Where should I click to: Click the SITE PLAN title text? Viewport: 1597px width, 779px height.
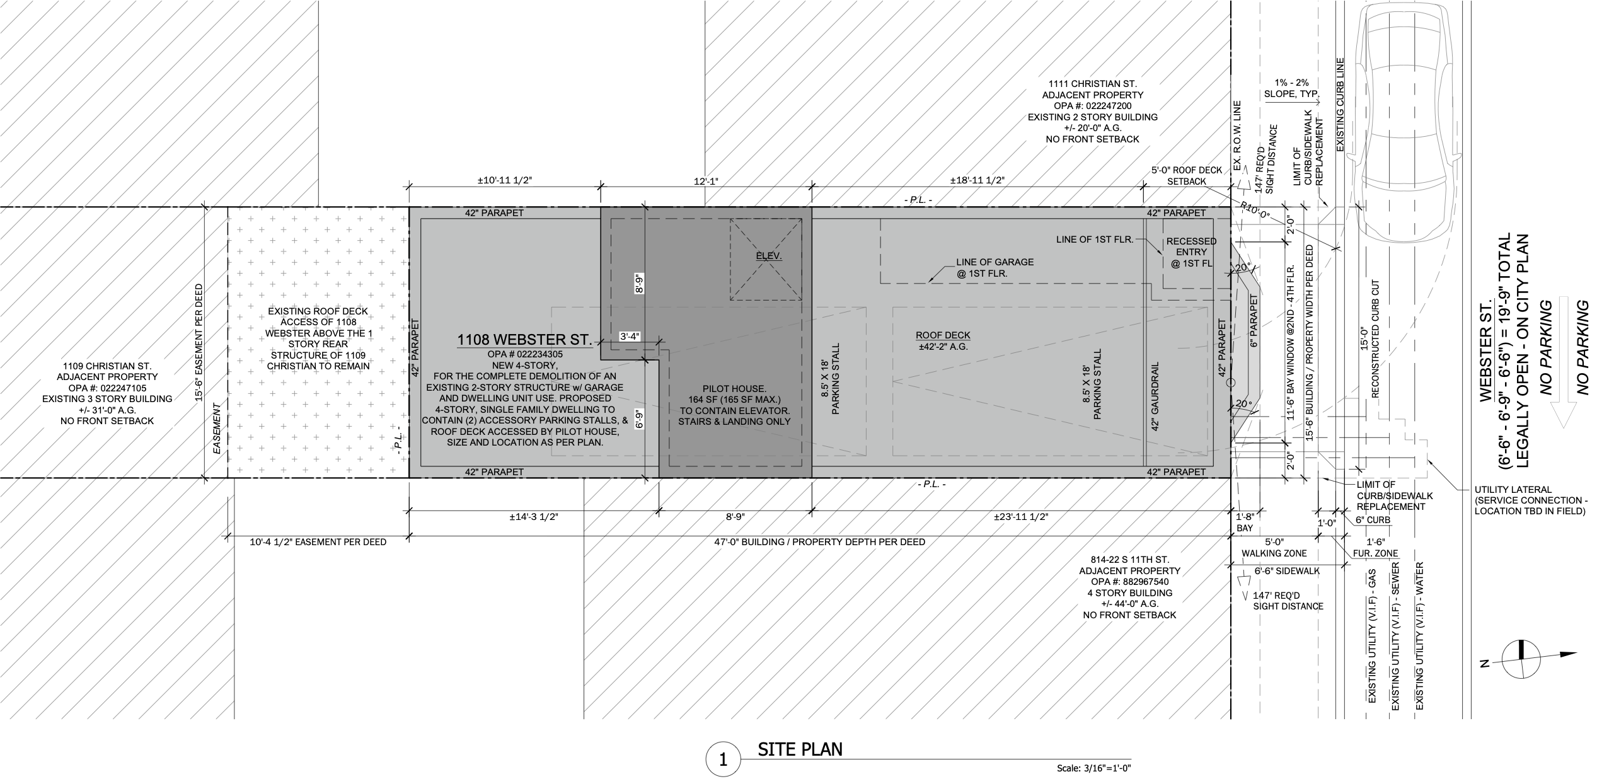(800, 749)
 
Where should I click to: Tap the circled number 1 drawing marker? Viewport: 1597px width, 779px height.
(723, 760)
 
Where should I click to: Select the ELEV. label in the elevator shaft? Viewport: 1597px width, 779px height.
(769, 256)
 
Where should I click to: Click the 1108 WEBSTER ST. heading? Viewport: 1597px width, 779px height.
(524, 340)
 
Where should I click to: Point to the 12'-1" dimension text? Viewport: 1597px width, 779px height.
(706, 181)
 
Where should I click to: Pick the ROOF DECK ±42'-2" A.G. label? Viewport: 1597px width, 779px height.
(943, 341)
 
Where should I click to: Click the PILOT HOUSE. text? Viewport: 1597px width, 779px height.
(734, 389)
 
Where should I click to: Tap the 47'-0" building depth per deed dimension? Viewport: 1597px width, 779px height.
(819, 541)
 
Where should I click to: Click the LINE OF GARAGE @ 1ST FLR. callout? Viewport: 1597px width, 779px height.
(995, 268)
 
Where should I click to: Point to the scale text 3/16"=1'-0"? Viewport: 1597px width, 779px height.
(1093, 768)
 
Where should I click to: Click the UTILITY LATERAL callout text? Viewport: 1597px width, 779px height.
(1529, 500)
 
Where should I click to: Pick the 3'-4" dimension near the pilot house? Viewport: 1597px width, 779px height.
(630, 337)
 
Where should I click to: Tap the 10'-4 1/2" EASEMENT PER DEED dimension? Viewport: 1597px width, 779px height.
(318, 541)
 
